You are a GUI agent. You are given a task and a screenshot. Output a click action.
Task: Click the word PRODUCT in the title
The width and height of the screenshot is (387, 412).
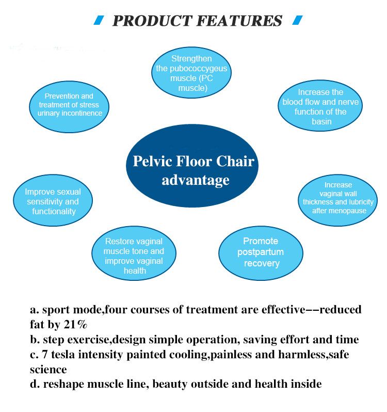[153, 21]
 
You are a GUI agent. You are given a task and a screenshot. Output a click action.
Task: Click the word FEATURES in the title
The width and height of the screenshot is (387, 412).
[239, 21]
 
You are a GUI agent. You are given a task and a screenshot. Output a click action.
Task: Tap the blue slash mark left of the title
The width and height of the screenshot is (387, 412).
[99, 20]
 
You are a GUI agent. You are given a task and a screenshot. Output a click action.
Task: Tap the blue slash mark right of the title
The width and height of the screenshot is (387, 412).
[297, 20]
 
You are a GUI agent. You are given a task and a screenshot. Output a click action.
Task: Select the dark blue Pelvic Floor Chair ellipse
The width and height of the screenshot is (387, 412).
[192, 166]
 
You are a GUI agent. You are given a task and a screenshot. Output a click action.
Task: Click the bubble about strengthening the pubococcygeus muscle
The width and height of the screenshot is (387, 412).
[191, 72]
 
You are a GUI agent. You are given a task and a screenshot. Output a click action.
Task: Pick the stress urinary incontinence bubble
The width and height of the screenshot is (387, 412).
[69, 107]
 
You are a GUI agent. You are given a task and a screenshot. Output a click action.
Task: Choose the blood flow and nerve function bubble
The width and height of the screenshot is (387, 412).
[320, 106]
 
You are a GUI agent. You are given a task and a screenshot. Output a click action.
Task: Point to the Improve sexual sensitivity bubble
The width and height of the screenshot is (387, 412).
[53, 200]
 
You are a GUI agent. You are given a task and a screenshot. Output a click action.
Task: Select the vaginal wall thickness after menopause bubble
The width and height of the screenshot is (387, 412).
[337, 200]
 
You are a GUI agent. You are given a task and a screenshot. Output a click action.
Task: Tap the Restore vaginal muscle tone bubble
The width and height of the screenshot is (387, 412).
[134, 253]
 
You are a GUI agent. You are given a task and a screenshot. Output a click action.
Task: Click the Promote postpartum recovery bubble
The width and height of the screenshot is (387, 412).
[261, 253]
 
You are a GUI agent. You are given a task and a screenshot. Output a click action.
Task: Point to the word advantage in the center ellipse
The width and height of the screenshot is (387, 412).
[196, 181]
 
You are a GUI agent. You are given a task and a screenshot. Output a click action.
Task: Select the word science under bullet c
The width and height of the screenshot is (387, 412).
[49, 370]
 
